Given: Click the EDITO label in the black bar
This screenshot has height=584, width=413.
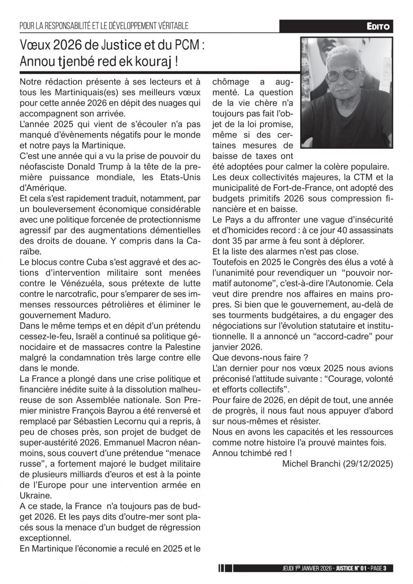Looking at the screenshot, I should point(379,27).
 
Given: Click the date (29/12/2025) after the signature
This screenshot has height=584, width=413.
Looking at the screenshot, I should point(368,464).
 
